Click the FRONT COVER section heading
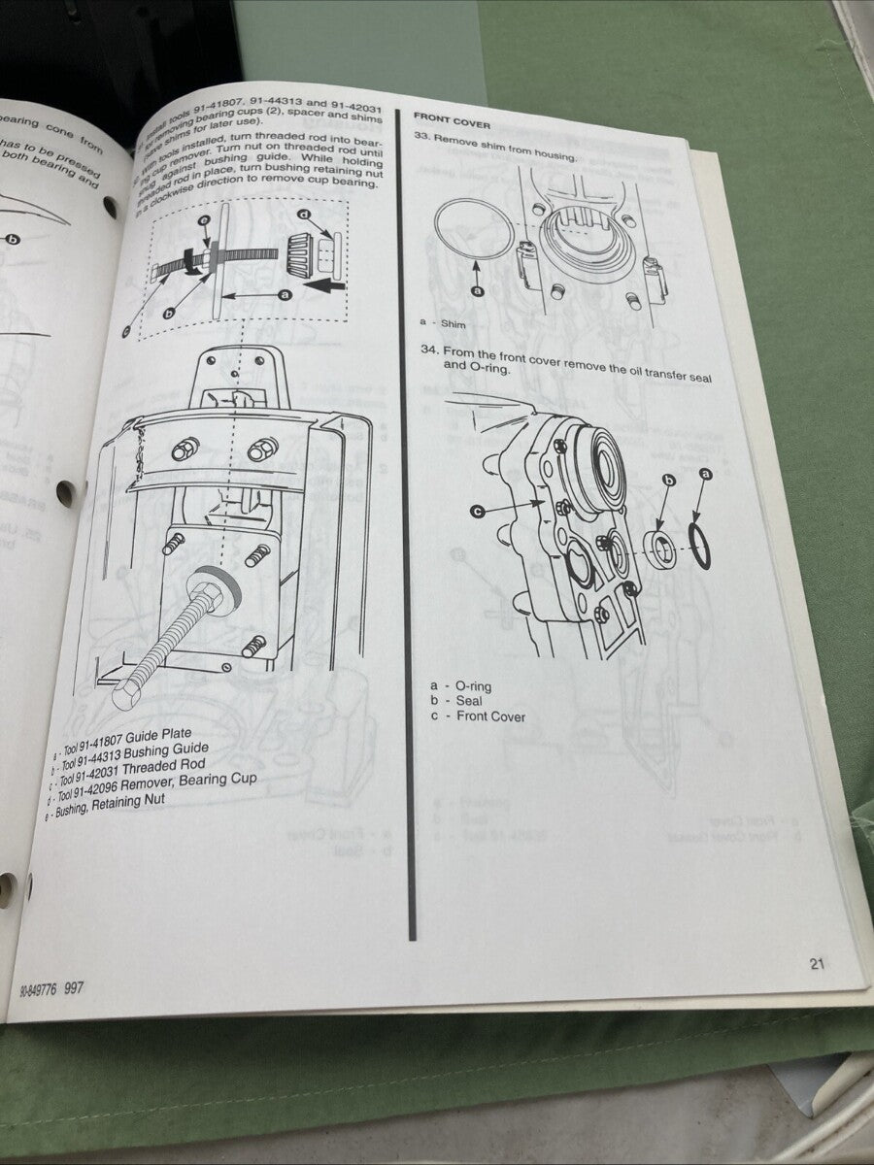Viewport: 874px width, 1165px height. pos(452,124)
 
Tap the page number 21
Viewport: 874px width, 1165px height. pos(816,963)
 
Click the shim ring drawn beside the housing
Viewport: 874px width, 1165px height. pos(474,229)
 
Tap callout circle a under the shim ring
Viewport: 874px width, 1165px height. pos(477,289)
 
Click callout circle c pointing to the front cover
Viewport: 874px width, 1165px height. pos(477,510)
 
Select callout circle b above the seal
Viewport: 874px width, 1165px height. pos(668,481)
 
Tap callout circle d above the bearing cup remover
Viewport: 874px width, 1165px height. pos(304,214)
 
